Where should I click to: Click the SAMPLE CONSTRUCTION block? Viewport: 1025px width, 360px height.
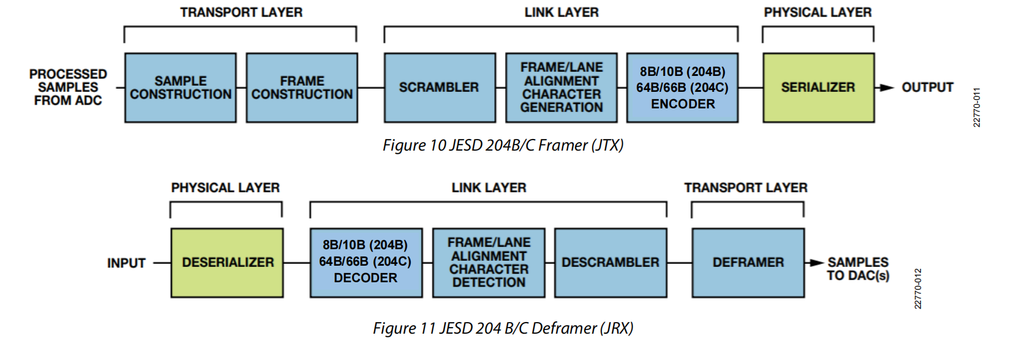(180, 88)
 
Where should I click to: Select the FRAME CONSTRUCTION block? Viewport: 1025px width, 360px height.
(302, 88)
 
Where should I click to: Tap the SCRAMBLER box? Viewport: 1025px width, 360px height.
(439, 88)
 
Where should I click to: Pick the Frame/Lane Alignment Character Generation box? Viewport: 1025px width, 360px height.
(561, 88)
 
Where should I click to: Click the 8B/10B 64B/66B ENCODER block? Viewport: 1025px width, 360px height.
(682, 88)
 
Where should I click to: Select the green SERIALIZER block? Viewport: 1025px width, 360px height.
(818, 88)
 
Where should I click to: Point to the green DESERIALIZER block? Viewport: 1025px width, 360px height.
(227, 263)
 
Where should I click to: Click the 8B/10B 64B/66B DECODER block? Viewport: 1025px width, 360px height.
(366, 263)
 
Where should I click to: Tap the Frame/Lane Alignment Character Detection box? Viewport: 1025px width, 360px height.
(489, 263)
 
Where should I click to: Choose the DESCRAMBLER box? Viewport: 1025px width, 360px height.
(610, 263)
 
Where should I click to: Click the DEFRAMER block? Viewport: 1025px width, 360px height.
(748, 263)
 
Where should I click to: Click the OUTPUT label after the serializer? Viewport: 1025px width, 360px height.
(927, 88)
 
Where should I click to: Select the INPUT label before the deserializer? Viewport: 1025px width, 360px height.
(126, 263)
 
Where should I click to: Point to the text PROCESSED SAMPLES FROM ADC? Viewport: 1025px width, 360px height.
(68, 87)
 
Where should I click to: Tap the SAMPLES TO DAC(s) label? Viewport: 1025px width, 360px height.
(858, 269)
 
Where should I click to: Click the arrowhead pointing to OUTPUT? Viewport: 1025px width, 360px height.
(886, 88)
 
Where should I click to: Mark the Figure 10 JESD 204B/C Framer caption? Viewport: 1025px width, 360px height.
(503, 145)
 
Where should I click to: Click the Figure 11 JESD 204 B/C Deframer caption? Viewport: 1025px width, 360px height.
(503, 328)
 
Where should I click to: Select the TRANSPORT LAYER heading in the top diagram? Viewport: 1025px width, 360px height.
(241, 12)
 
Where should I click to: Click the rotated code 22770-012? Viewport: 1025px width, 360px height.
(917, 288)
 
